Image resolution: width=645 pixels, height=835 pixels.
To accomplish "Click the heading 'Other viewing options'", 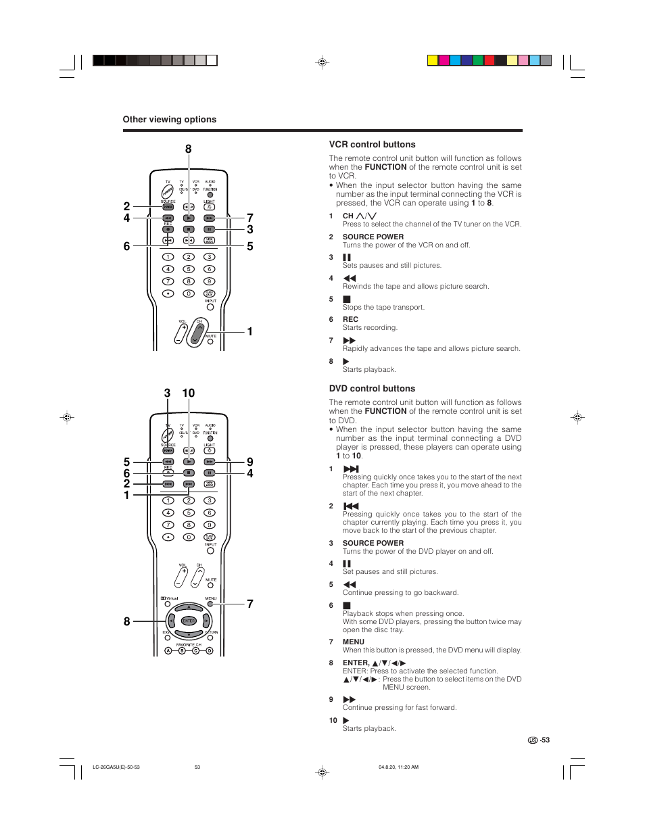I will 169,120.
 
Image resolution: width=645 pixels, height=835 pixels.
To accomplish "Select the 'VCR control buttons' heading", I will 372,145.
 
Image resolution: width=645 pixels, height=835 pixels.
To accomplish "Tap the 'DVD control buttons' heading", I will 372,389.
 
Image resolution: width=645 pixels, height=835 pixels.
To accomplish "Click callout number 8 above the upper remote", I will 188,149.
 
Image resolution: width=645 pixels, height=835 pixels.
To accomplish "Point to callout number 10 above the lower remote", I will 188,393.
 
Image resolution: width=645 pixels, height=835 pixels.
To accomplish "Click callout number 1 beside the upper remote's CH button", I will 249,331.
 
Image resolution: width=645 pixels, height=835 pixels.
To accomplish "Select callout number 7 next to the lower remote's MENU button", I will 249,604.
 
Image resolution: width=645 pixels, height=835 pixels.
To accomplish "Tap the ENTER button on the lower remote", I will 189,621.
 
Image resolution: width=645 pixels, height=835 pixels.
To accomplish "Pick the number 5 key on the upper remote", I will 189,269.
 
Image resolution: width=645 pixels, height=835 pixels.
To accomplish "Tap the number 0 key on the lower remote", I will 189,537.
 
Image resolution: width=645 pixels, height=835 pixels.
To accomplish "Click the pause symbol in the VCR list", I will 347,258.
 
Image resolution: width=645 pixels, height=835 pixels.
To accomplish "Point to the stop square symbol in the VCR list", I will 347,299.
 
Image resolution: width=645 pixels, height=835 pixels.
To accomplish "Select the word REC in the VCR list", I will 350,319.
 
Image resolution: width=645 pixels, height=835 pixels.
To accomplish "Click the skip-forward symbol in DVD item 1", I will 351,469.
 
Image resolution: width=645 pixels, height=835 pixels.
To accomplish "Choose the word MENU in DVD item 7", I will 353,642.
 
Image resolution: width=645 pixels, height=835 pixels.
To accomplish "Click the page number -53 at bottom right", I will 544,740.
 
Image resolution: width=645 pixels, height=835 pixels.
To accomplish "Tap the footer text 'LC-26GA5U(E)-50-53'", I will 116,767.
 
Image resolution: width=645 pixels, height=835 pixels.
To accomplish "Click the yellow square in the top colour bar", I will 433,60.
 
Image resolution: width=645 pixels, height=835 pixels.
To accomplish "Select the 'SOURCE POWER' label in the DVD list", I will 373,543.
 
